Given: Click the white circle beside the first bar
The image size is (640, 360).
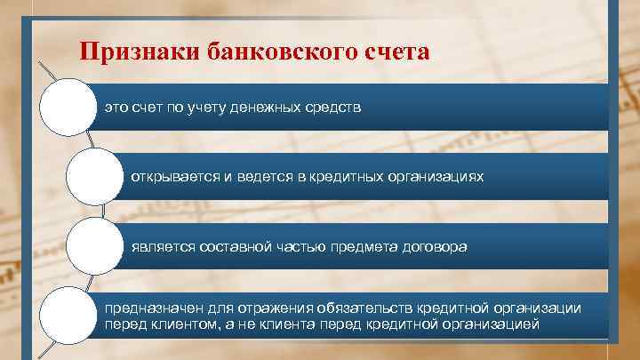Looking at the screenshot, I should (68, 108).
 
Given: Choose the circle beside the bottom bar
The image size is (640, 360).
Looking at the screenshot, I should (68, 313).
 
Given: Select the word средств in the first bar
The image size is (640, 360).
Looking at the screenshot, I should (331, 108).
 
